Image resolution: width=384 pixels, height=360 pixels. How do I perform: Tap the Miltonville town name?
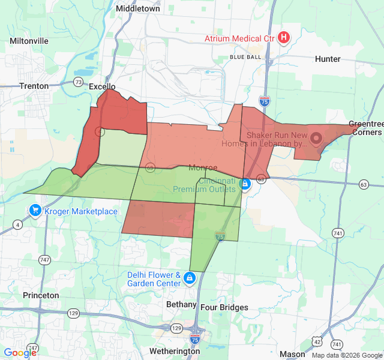29,41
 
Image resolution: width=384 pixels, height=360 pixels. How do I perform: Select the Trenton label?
34,86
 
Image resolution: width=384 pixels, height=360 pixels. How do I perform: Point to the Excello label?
101,86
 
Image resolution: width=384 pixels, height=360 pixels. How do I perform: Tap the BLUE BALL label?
245,57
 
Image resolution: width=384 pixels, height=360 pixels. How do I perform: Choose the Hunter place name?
328,59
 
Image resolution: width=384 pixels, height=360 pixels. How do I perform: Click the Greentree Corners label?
365,128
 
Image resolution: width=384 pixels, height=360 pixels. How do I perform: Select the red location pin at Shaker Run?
316,136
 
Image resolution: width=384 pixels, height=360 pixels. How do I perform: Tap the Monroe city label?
203,168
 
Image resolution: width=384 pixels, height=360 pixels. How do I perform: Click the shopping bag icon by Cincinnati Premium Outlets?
245,184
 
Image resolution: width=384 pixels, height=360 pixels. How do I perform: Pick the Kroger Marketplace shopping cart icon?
35,211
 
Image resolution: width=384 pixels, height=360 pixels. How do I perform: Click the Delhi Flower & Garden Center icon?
190,278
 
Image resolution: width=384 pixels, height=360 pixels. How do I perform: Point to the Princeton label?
41,295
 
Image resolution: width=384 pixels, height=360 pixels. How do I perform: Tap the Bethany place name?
181,304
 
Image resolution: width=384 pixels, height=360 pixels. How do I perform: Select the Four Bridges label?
224,307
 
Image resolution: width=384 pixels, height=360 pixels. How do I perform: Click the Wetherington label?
175,350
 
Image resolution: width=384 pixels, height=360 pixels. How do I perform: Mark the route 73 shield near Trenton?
79,82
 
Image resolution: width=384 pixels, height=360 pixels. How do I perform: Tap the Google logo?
20,353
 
